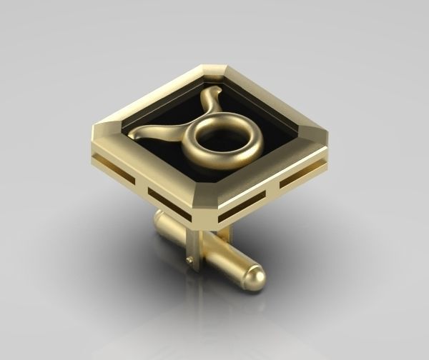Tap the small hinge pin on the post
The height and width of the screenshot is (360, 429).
pos(188,260)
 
